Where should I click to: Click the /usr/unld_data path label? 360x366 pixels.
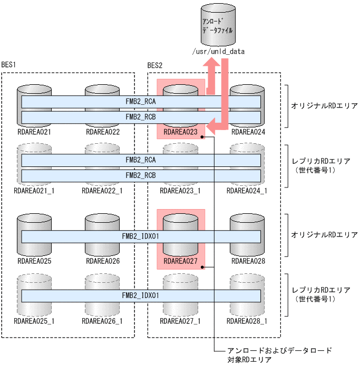pos(218,52)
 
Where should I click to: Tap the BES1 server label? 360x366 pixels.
pos(9,65)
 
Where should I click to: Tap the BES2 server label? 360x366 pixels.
pos(154,65)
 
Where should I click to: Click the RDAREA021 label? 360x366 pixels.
pos(34,132)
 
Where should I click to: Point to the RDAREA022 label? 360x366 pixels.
pos(102,132)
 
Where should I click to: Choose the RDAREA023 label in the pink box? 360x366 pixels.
pos(180,132)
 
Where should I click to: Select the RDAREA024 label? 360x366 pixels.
pos(248,132)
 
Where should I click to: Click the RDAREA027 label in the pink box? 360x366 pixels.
pos(180,260)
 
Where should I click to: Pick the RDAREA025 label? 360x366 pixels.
pos(34,260)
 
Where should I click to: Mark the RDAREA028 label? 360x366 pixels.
pos(248,260)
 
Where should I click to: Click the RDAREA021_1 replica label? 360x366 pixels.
pos(34,191)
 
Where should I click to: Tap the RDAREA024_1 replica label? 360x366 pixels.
pos(248,191)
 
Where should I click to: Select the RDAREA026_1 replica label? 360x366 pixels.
pos(102,320)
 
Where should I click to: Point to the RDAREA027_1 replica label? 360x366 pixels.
pos(180,320)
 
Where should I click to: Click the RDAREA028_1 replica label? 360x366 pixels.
pos(248,320)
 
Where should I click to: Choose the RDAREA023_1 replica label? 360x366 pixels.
pos(180,191)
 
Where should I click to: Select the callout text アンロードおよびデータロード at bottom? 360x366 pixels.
pos(280,351)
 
